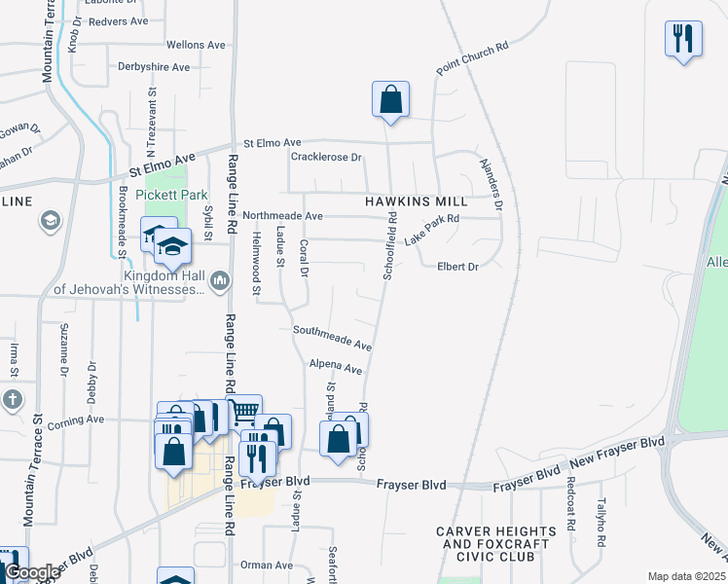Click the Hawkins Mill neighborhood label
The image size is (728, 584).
tap(416, 201)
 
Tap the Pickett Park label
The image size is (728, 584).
tap(167, 194)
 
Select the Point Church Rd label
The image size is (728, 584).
tap(473, 59)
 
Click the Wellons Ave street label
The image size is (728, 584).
tap(196, 45)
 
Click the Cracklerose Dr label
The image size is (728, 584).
tap(326, 157)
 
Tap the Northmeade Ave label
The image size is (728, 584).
tap(282, 215)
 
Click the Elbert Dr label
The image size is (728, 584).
tap(458, 267)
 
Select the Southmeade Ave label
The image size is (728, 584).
tap(333, 338)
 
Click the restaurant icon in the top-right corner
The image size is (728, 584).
tap(683, 40)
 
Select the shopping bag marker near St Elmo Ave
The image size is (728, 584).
tap(390, 99)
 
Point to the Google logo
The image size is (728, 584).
tap(31, 572)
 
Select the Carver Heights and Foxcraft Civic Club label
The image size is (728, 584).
tap(496, 544)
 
